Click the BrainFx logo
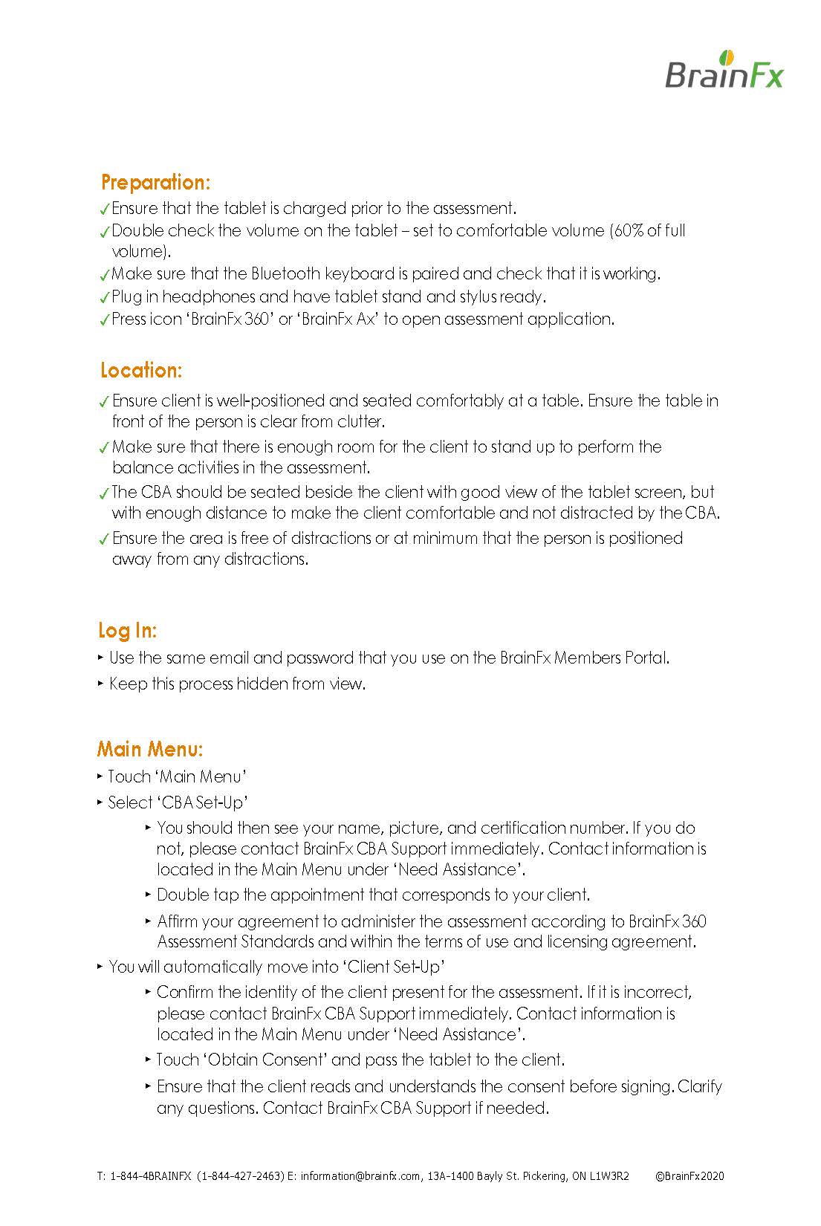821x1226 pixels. tap(724, 71)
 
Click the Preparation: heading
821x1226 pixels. tap(156, 182)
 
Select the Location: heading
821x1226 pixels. tap(141, 370)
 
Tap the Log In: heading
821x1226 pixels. tap(128, 631)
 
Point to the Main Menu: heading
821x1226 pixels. tap(150, 748)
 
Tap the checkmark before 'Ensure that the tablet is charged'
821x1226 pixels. tap(105, 210)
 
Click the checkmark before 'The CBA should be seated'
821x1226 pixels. tap(105, 493)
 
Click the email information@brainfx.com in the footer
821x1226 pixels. tap(361, 1176)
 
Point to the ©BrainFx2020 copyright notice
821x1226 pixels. tap(689, 1176)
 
